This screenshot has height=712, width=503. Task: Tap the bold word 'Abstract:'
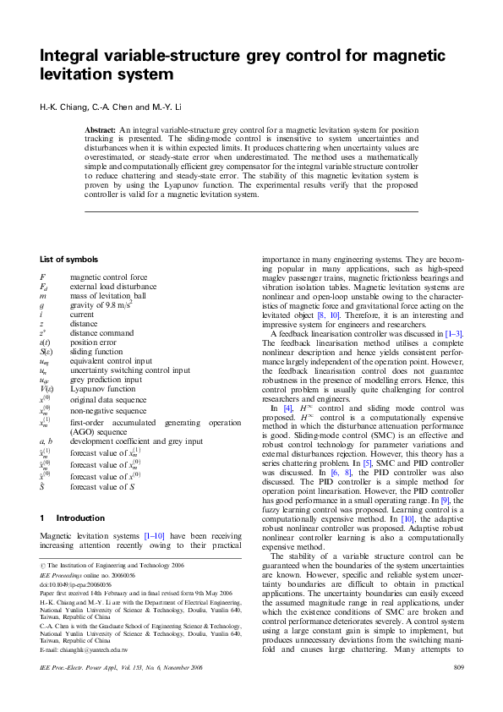point(101,129)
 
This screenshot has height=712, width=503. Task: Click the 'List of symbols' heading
point(68,259)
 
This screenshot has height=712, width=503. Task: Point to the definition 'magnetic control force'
point(108,277)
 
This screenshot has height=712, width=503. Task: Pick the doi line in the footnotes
point(75,583)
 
